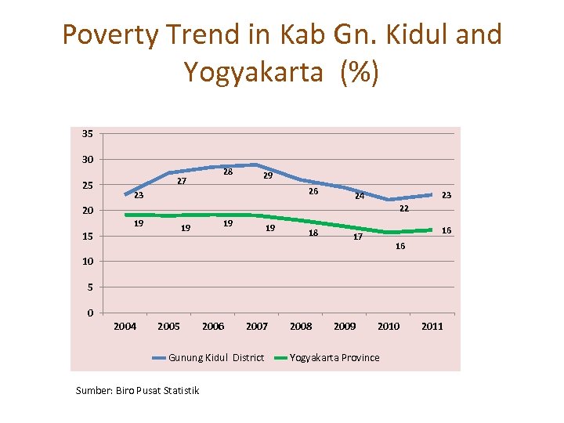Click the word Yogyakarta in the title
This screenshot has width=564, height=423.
pos(252,72)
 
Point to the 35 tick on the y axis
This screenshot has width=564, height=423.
pos(87,133)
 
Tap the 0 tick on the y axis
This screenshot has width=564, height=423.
pos(90,313)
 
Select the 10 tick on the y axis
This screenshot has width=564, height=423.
pos(87,262)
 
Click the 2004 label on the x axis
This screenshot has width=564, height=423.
pos(125,326)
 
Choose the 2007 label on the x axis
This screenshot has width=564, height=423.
pos(257,326)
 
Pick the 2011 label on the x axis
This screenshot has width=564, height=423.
pos(432,326)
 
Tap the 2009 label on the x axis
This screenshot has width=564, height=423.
pos(345,326)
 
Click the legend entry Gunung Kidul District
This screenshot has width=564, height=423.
pos(216,358)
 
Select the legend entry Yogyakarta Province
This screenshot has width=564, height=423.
pos(334,358)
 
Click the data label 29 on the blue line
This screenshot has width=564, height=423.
pos(267,176)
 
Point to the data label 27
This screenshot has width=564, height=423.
pos(181,181)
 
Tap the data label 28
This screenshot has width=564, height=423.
pos(227,172)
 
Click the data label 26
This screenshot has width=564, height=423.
pos(313,191)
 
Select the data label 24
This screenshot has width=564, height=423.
pos(359,196)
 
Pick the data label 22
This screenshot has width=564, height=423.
pos(404,208)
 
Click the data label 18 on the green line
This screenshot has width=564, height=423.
pos(313,233)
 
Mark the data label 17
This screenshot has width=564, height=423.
pos(357,237)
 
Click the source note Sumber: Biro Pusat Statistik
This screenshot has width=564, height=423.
pos(137,390)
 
